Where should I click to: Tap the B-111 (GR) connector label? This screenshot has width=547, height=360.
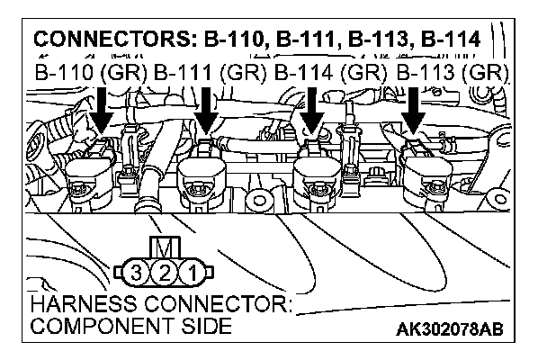pos(210,71)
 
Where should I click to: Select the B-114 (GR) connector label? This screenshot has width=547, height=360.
pos(330,71)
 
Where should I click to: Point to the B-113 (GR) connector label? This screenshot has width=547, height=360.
pos(453,71)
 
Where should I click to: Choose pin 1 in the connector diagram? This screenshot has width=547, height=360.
pos(191,269)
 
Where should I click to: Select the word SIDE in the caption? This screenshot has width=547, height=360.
pos(203,326)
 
